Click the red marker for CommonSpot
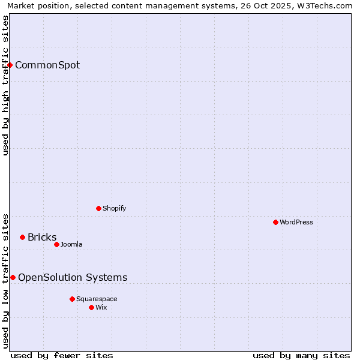click(10, 65)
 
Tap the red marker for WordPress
click(275, 222)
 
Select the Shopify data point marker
click(98, 208)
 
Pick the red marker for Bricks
click(22, 237)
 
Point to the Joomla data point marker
click(56, 244)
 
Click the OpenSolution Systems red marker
click(13, 277)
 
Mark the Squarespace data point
click(72, 299)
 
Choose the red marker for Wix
click(91, 307)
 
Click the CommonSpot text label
click(47, 65)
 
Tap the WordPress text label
click(296, 222)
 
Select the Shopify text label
click(115, 208)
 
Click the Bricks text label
click(42, 237)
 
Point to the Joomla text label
click(71, 244)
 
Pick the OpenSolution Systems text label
click(73, 277)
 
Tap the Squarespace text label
click(97, 299)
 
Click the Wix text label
click(101, 307)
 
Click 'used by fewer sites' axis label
click(62, 355)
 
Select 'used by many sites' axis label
click(301, 355)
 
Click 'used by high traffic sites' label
click(5, 85)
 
